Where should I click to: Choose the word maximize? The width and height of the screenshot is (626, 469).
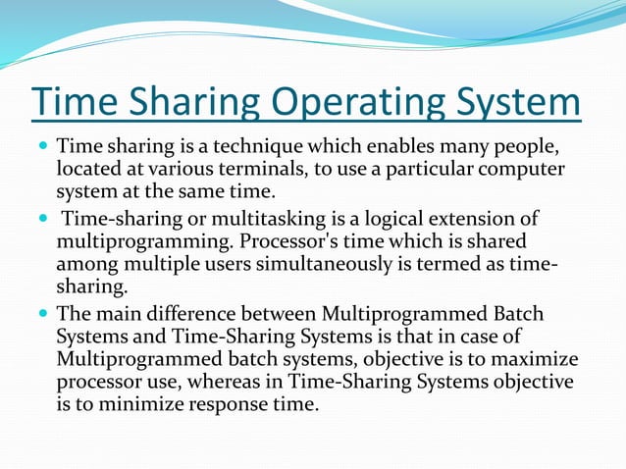(x=534, y=358)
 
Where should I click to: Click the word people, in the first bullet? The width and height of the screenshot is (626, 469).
(x=525, y=148)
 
